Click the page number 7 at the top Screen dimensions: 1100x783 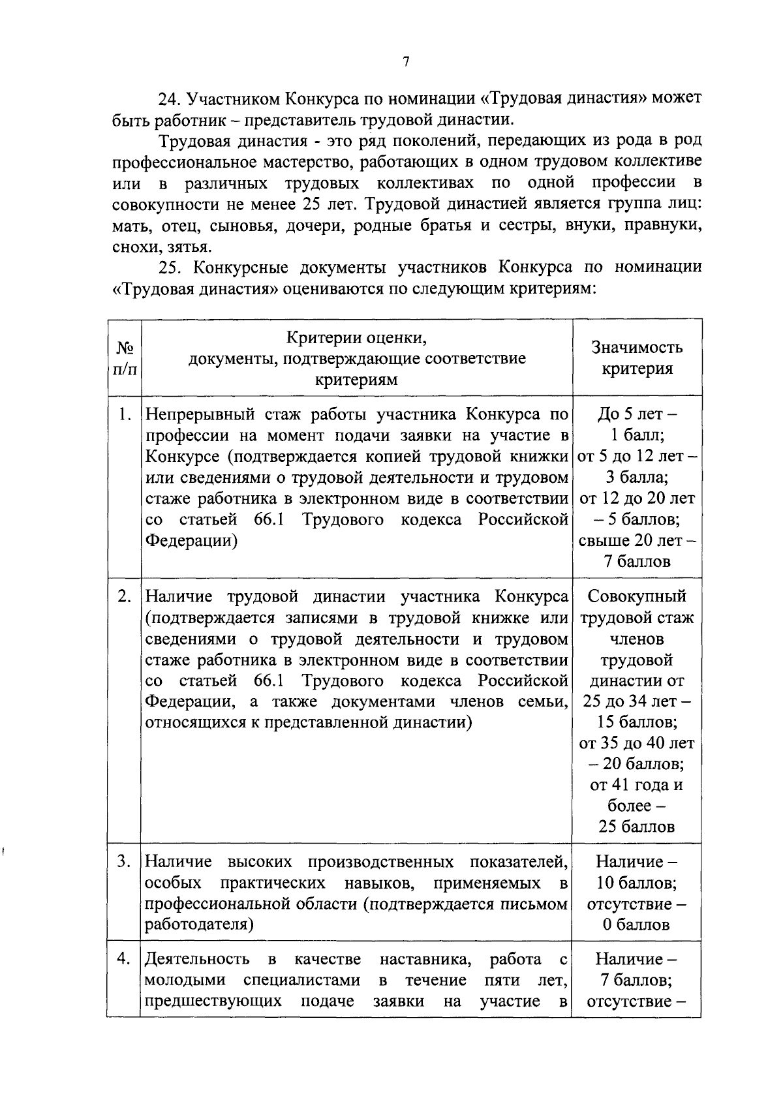point(406,62)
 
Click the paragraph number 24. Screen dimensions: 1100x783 point(168,99)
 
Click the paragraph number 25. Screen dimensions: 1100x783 point(168,267)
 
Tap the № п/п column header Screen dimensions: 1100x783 point(125,358)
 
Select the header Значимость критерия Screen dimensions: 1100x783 point(637,358)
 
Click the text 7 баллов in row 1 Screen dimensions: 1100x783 point(637,562)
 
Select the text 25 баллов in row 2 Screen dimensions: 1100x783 point(637,827)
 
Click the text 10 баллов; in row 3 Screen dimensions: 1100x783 point(637,883)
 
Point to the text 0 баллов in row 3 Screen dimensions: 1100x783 point(637,925)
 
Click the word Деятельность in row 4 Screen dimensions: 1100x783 point(197,959)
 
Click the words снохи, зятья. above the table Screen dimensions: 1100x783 point(162,247)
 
